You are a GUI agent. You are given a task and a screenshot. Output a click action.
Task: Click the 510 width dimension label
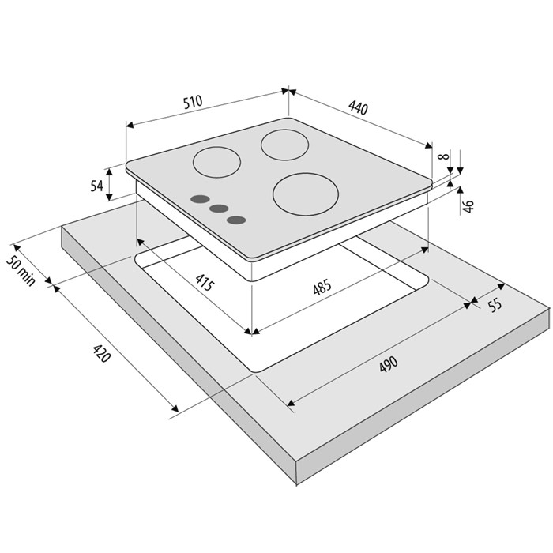tap(193, 102)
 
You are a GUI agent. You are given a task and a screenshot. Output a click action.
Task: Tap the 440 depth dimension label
tap(359, 108)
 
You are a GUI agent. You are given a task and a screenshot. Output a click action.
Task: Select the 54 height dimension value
tap(96, 186)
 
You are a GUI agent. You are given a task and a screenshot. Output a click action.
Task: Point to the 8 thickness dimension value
tap(444, 156)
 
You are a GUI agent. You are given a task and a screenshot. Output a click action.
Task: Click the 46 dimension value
tap(468, 206)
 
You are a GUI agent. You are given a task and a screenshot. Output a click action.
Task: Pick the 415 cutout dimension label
tap(205, 282)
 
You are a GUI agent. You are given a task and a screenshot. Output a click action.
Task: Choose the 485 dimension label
tap(322, 287)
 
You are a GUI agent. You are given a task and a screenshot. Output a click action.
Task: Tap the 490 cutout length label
tap(389, 364)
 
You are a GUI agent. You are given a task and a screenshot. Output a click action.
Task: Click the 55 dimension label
tap(495, 305)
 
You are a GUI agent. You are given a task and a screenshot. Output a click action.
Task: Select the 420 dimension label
tap(102, 354)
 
